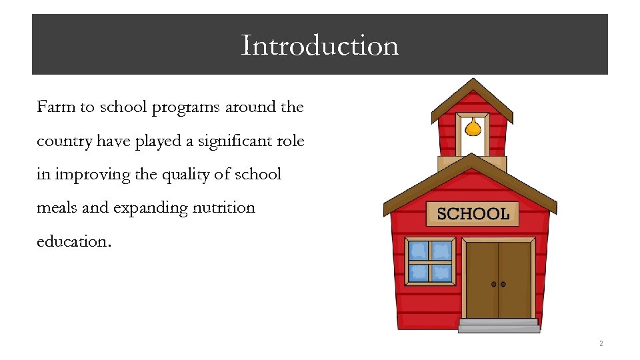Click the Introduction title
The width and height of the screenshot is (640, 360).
tap(319, 45)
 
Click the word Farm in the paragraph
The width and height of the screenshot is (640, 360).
tap(55, 107)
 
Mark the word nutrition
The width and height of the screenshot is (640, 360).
tap(223, 207)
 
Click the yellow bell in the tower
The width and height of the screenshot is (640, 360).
tap(472, 127)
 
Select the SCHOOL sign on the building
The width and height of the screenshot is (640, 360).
tap(473, 213)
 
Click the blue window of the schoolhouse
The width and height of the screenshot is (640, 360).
tap(430, 261)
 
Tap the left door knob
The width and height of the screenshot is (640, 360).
tap(494, 284)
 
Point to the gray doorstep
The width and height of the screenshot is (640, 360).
tap(499, 325)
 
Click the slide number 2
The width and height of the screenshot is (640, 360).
tap(601, 344)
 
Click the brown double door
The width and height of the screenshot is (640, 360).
tap(499, 279)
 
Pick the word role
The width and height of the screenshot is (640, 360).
tap(289, 141)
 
